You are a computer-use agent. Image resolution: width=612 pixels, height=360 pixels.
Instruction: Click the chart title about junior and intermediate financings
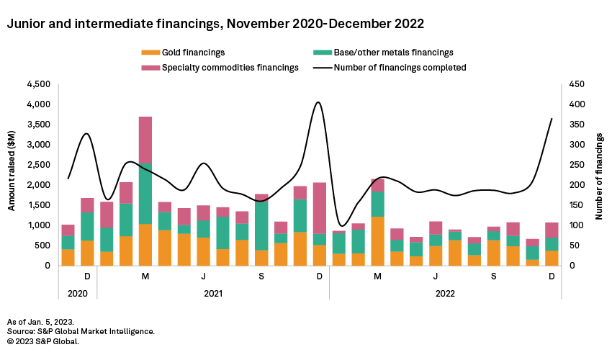[215, 24]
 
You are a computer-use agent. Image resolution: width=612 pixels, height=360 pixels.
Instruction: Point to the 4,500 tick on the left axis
[38, 84]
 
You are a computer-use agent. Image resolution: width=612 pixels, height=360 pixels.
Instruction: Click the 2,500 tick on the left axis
[38, 165]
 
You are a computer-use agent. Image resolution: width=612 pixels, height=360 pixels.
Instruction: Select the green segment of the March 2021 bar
[145, 194]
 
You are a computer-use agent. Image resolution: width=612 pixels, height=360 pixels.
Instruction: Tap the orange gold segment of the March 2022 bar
[378, 241]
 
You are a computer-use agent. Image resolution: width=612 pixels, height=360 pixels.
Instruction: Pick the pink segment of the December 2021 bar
[320, 208]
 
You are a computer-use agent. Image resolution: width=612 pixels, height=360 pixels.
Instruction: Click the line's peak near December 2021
[318, 102]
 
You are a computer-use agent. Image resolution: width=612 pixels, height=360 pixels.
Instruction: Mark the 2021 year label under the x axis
[213, 294]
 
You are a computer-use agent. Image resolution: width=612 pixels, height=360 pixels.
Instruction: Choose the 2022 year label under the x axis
[445, 294]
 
